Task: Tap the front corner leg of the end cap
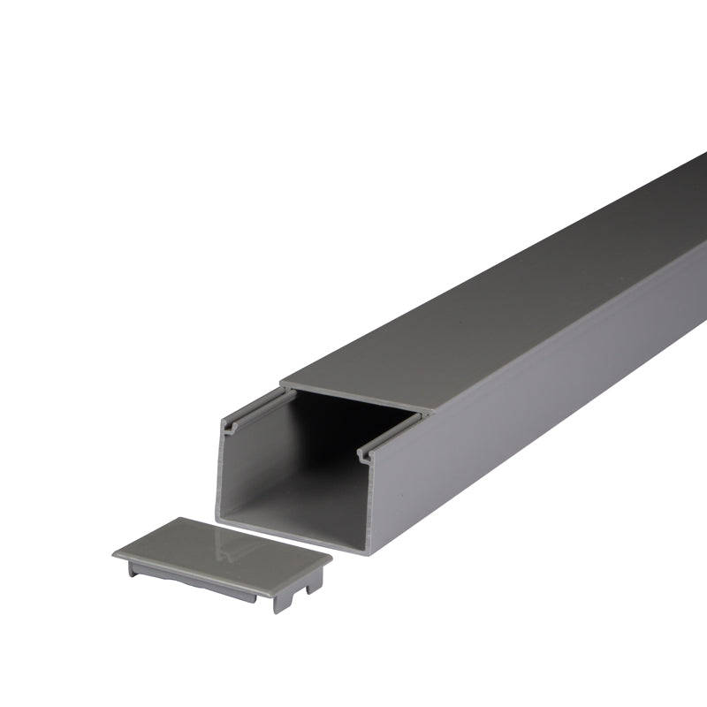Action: click(280, 601)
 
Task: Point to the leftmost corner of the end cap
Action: click(115, 555)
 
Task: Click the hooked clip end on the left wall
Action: click(232, 428)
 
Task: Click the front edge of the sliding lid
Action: click(353, 399)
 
